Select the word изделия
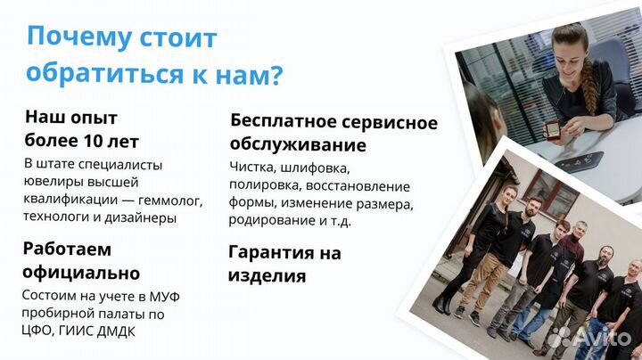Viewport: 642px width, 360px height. tap(267, 275)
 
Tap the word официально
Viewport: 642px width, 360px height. tap(81, 273)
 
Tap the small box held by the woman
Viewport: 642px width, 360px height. tap(552, 130)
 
